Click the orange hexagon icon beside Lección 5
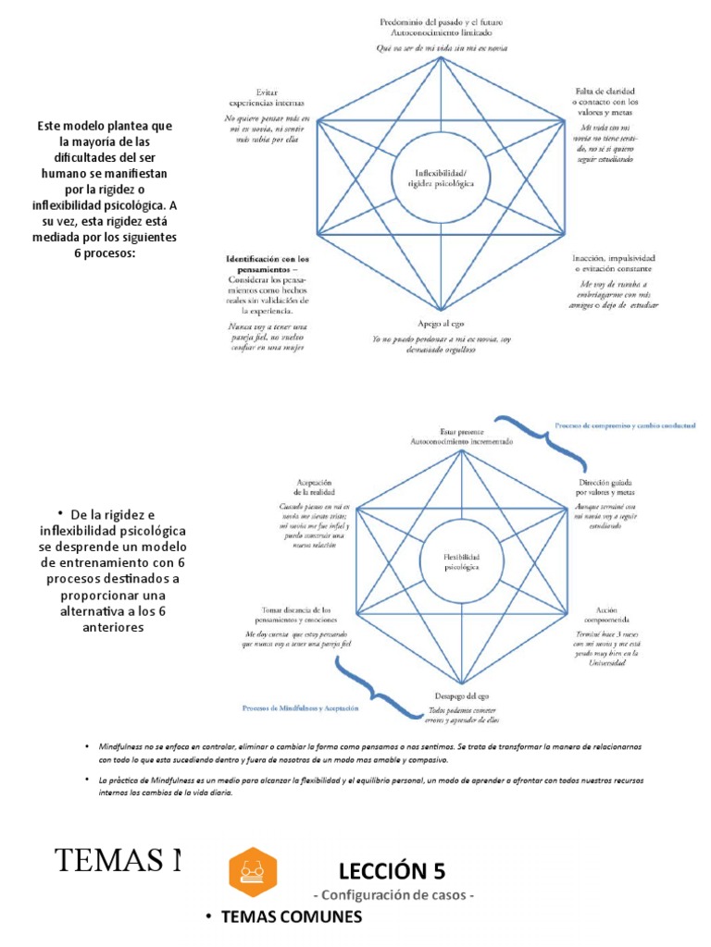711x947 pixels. pyautogui.click(x=253, y=872)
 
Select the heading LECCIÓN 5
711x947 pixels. pyautogui.click(x=392, y=870)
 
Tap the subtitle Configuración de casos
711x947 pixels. pyautogui.click(x=394, y=895)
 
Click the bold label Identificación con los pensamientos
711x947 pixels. pyautogui.click(x=268, y=264)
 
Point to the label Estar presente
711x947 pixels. pyautogui.click(x=460, y=431)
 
